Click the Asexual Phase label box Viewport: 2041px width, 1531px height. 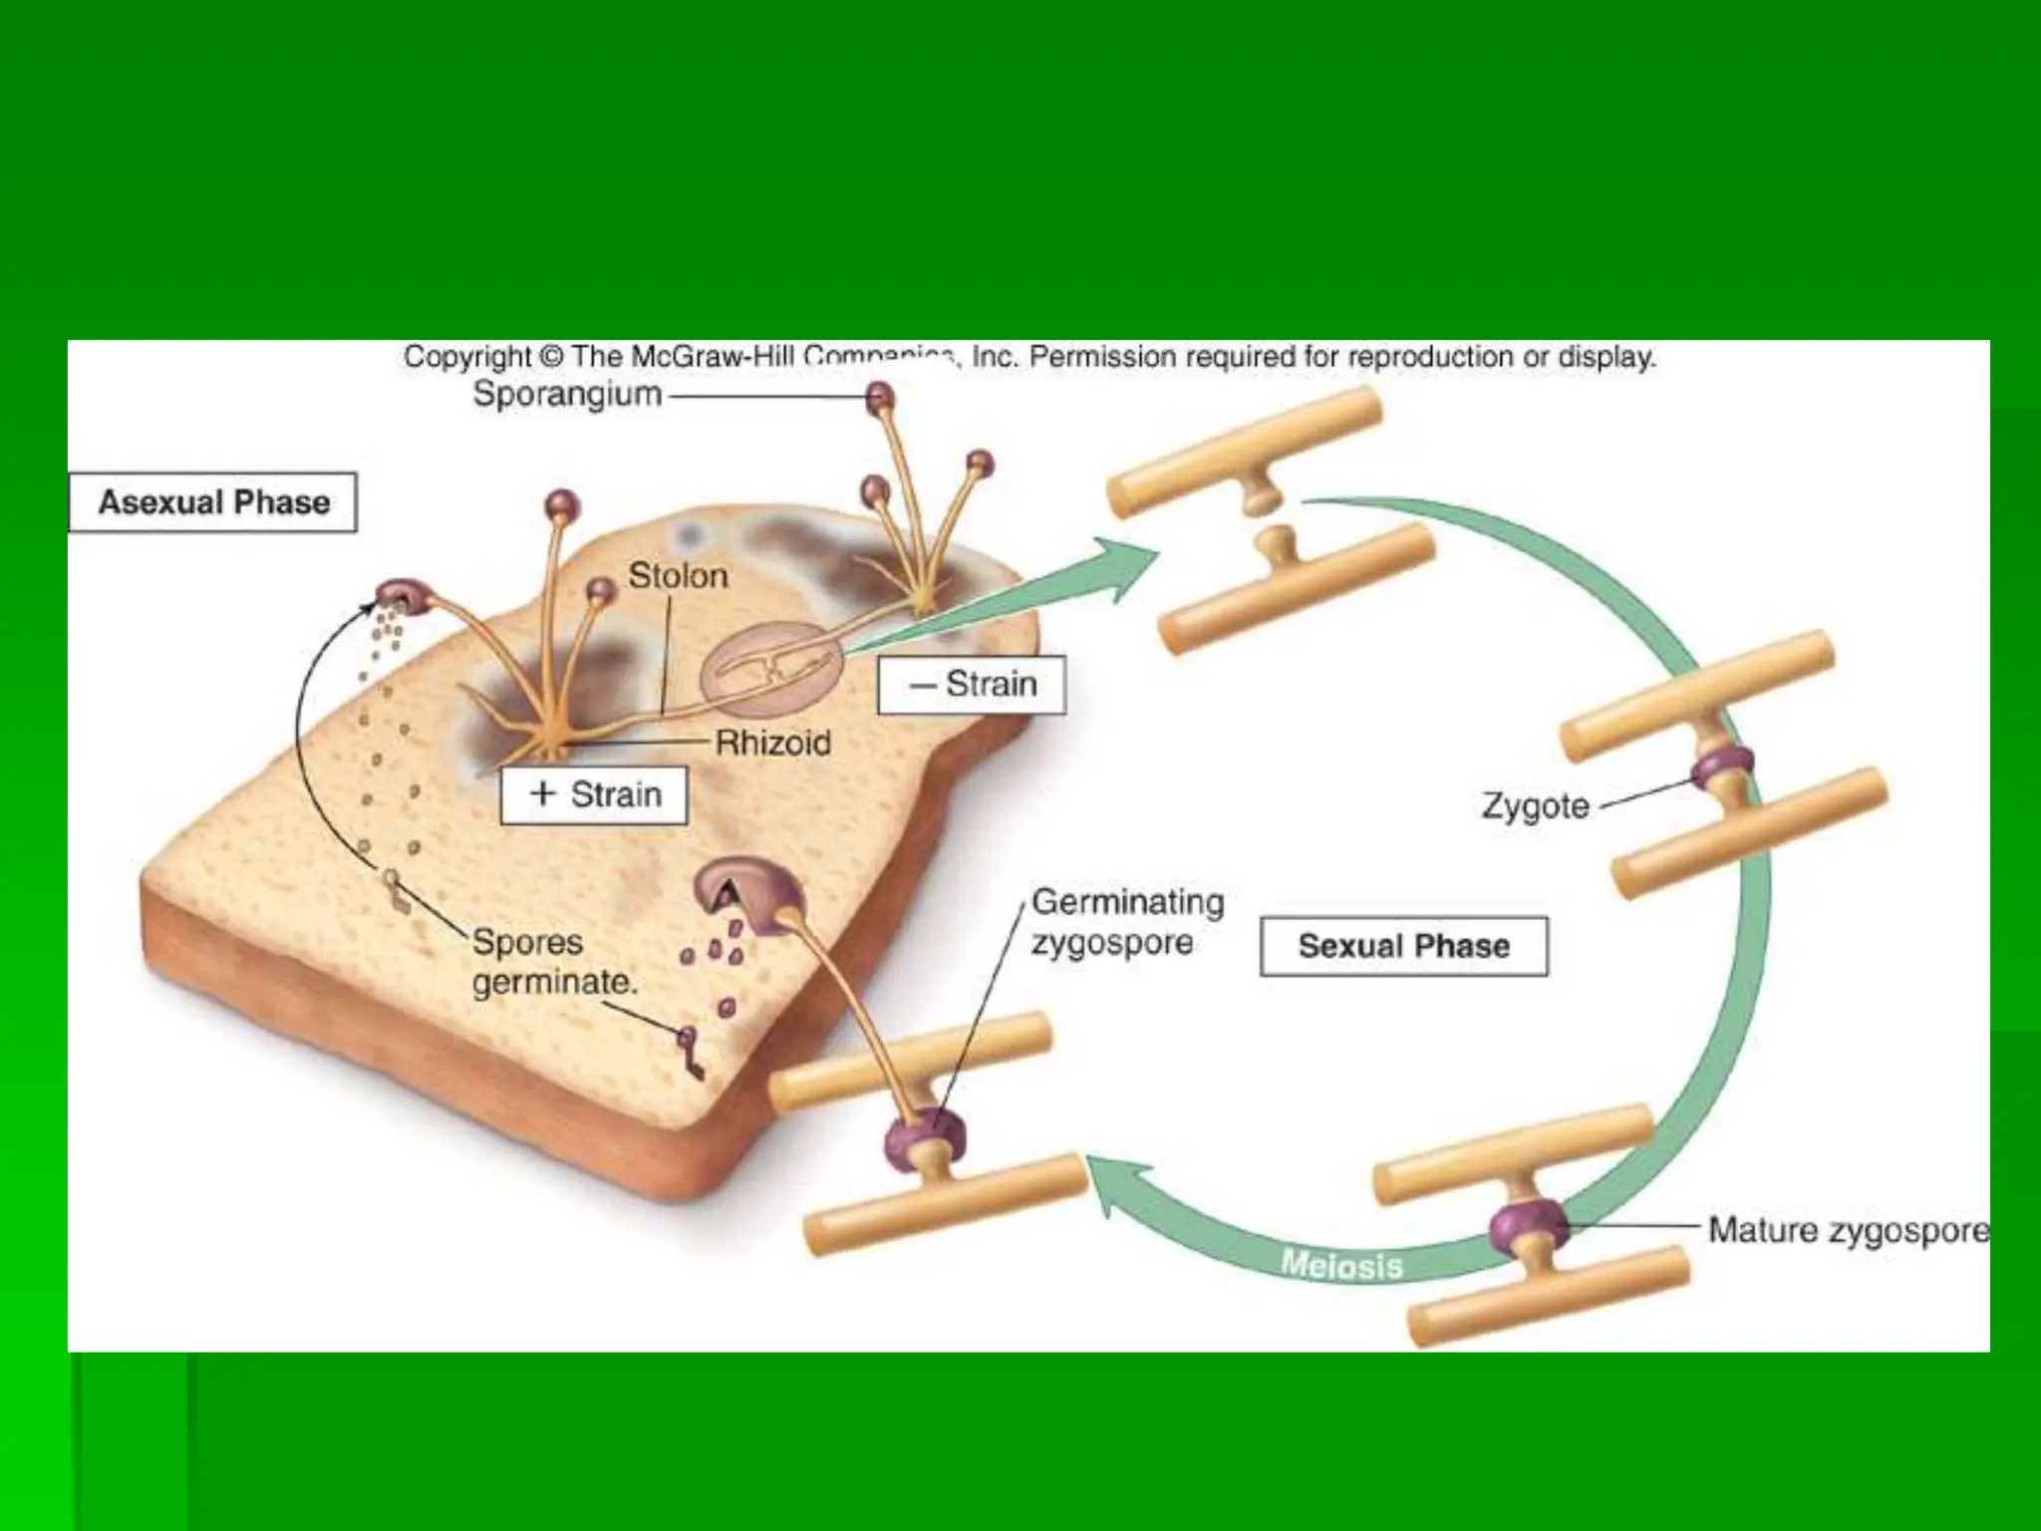(213, 502)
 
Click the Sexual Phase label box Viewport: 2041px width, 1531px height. (1403, 946)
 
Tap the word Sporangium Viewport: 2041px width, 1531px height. (567, 395)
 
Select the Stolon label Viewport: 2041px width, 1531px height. (678, 576)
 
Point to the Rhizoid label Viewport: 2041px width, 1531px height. (773, 743)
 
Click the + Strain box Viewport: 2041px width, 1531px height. (594, 795)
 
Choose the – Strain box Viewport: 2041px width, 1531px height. (972, 685)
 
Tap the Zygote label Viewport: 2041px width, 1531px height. (1535, 805)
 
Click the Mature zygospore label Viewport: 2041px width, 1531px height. (1848, 1230)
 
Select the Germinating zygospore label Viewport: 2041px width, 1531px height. (1126, 922)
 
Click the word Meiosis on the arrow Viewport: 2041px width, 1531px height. (1341, 1266)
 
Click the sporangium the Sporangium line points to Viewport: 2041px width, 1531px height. (879, 398)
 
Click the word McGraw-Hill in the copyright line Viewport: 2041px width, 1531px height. (713, 357)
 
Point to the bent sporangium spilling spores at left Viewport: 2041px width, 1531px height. (403, 596)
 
